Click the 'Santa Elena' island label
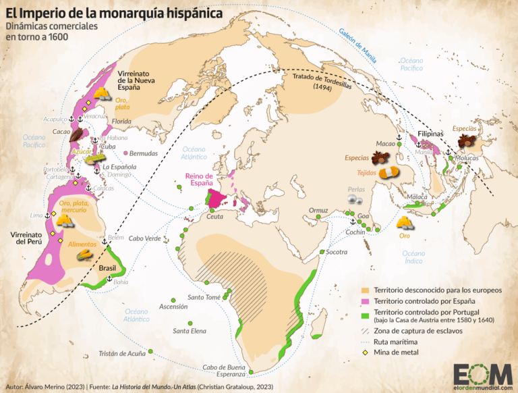[x=190, y=330]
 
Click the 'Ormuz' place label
[x=318, y=210]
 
